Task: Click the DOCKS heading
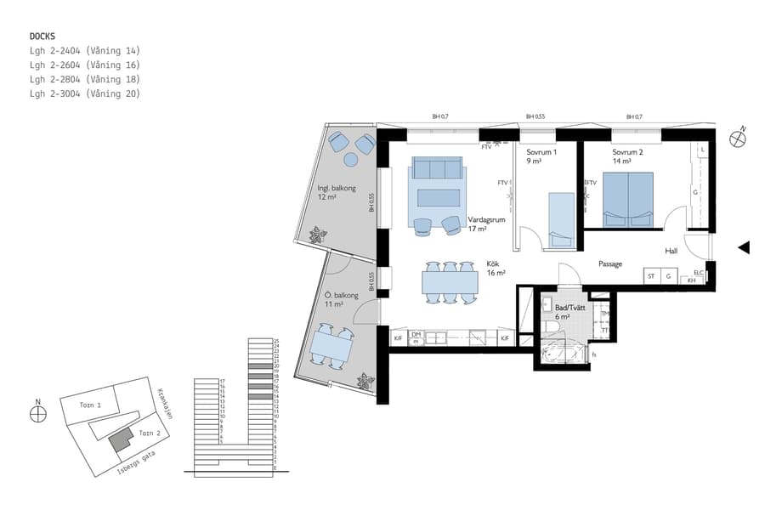point(42,37)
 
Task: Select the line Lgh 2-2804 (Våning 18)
point(84,79)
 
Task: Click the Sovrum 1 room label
point(541,156)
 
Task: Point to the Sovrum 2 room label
point(627,156)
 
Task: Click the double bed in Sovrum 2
point(628,200)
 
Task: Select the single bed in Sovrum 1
point(562,219)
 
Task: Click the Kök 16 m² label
point(496,269)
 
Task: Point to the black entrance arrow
point(743,247)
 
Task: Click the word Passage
point(610,263)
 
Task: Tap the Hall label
point(671,251)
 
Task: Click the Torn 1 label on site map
point(103,405)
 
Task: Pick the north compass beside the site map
point(37,414)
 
